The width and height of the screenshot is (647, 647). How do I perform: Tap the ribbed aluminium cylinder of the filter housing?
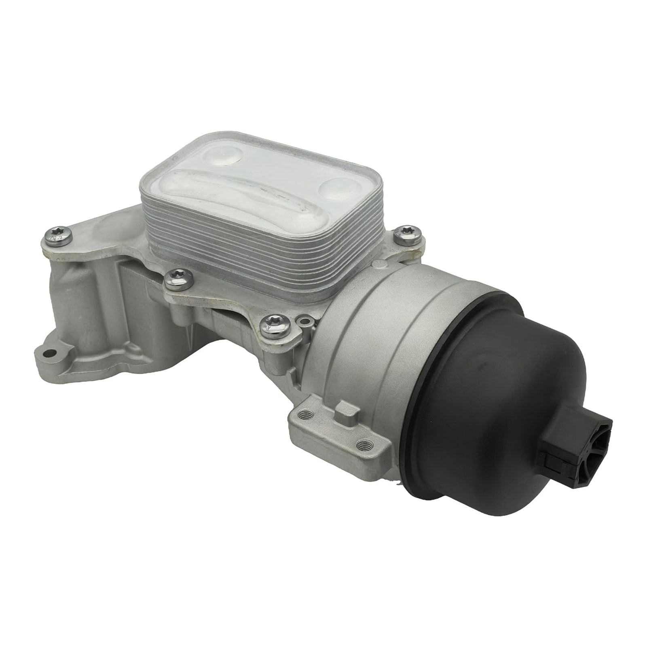pyautogui.click(x=364, y=315)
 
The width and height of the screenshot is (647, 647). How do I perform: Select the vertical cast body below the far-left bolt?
pyautogui.click(x=77, y=299)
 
